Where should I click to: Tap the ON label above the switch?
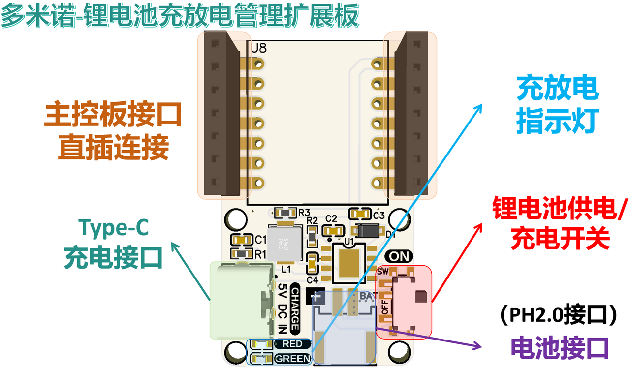coord(399,256)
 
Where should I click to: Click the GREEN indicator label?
coord(292,359)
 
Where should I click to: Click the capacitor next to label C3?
coord(360,214)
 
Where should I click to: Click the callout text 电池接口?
coord(560,347)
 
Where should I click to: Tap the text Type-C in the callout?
coord(113,228)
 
